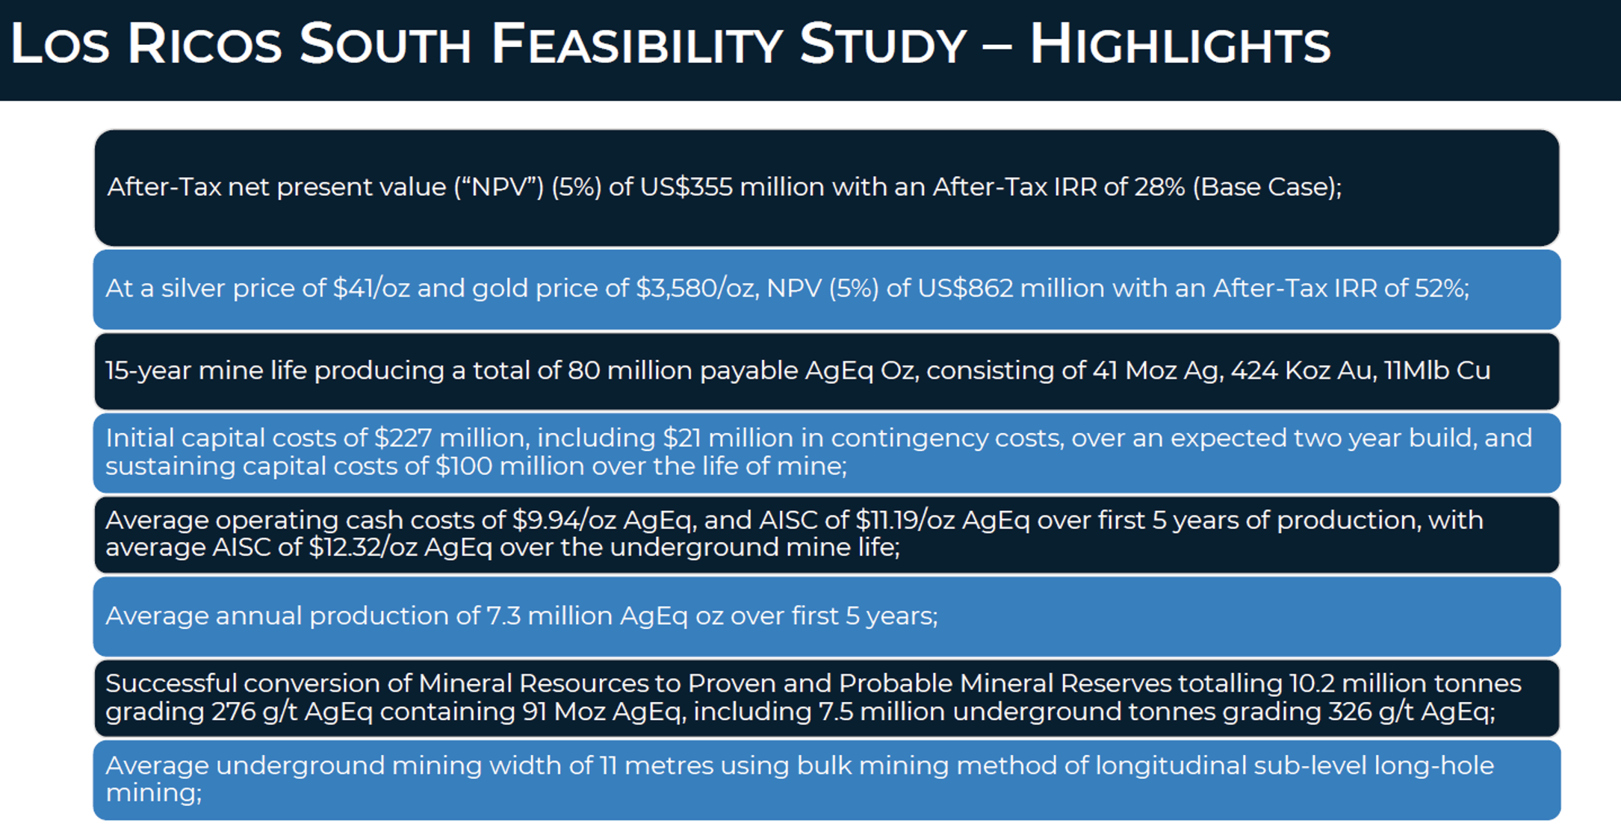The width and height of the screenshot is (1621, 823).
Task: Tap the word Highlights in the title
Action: [1180, 45]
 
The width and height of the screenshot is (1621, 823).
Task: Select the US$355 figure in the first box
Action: [686, 187]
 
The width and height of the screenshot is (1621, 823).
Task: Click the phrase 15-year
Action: [148, 370]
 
